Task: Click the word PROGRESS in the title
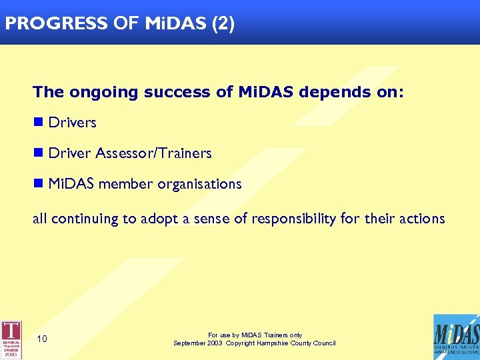[x=55, y=23]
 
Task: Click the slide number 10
[x=41, y=339]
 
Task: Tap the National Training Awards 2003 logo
[x=11, y=339]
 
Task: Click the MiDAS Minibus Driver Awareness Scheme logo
[x=455, y=337]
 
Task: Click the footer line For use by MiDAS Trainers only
[x=255, y=335]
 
